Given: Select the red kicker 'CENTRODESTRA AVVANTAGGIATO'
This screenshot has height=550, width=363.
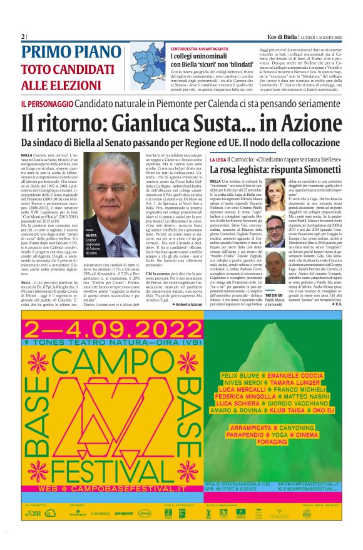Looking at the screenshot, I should [x=198, y=48].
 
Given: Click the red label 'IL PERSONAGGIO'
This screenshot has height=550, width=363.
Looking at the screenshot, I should [x=40, y=102].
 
